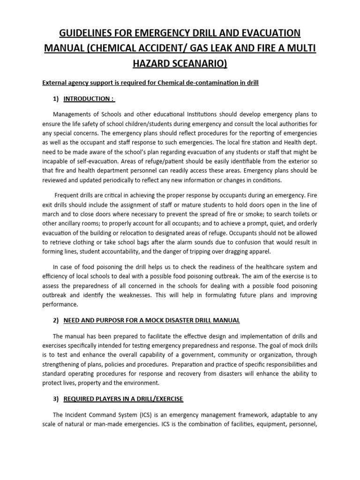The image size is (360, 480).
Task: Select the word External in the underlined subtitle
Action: click(x=56, y=82)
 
